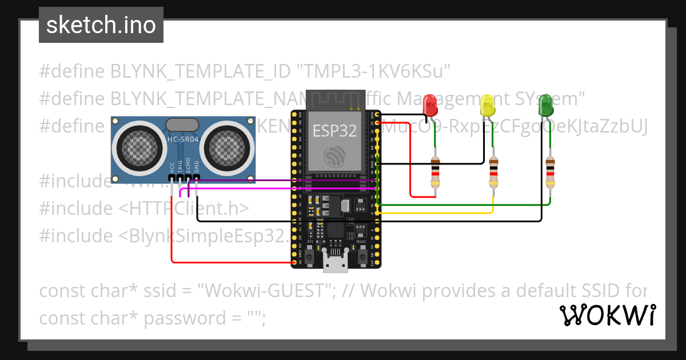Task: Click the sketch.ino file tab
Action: [x=101, y=25]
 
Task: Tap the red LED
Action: [x=430, y=105]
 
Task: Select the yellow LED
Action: [x=487, y=105]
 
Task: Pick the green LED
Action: [x=545, y=105]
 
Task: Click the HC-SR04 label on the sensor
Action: [x=182, y=139]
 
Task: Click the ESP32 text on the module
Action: [x=334, y=131]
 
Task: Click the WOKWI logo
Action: [x=607, y=315]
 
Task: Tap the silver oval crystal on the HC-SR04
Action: [x=182, y=123]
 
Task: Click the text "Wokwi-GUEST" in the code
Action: [x=265, y=291]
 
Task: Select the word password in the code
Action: [x=181, y=318]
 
